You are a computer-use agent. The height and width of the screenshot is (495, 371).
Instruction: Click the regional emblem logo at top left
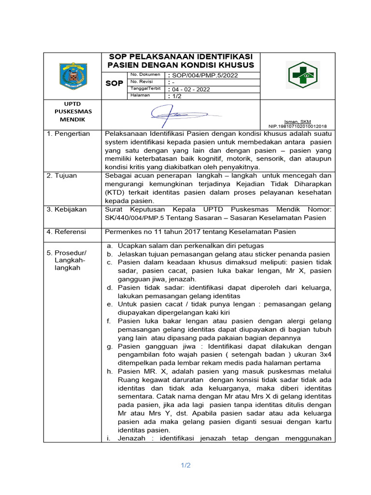pyautogui.click(x=73, y=76)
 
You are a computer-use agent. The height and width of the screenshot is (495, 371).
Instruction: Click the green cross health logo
pyautogui.click(x=303, y=75)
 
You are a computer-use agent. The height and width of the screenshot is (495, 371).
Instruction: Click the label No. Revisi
pyautogui.click(x=141, y=82)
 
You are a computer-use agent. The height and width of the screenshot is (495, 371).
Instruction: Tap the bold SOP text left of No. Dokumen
pyautogui.click(x=114, y=84)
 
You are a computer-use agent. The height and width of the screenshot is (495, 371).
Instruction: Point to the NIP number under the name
pyautogui.click(x=298, y=126)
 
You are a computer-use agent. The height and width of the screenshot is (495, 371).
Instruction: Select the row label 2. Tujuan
pyautogui.click(x=62, y=175)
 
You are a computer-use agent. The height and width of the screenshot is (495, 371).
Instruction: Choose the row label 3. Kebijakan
pyautogui.click(x=67, y=209)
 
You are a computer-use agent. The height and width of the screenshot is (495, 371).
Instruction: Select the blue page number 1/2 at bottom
pyautogui.click(x=186, y=466)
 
